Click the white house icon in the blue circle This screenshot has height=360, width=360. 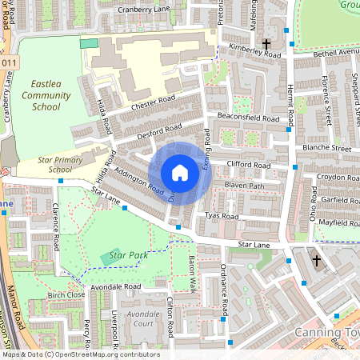tap(180, 173)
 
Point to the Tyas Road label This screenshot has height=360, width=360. tap(222, 216)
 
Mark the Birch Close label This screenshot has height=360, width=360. tap(66, 295)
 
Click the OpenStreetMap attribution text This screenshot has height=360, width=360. tap(80, 354)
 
